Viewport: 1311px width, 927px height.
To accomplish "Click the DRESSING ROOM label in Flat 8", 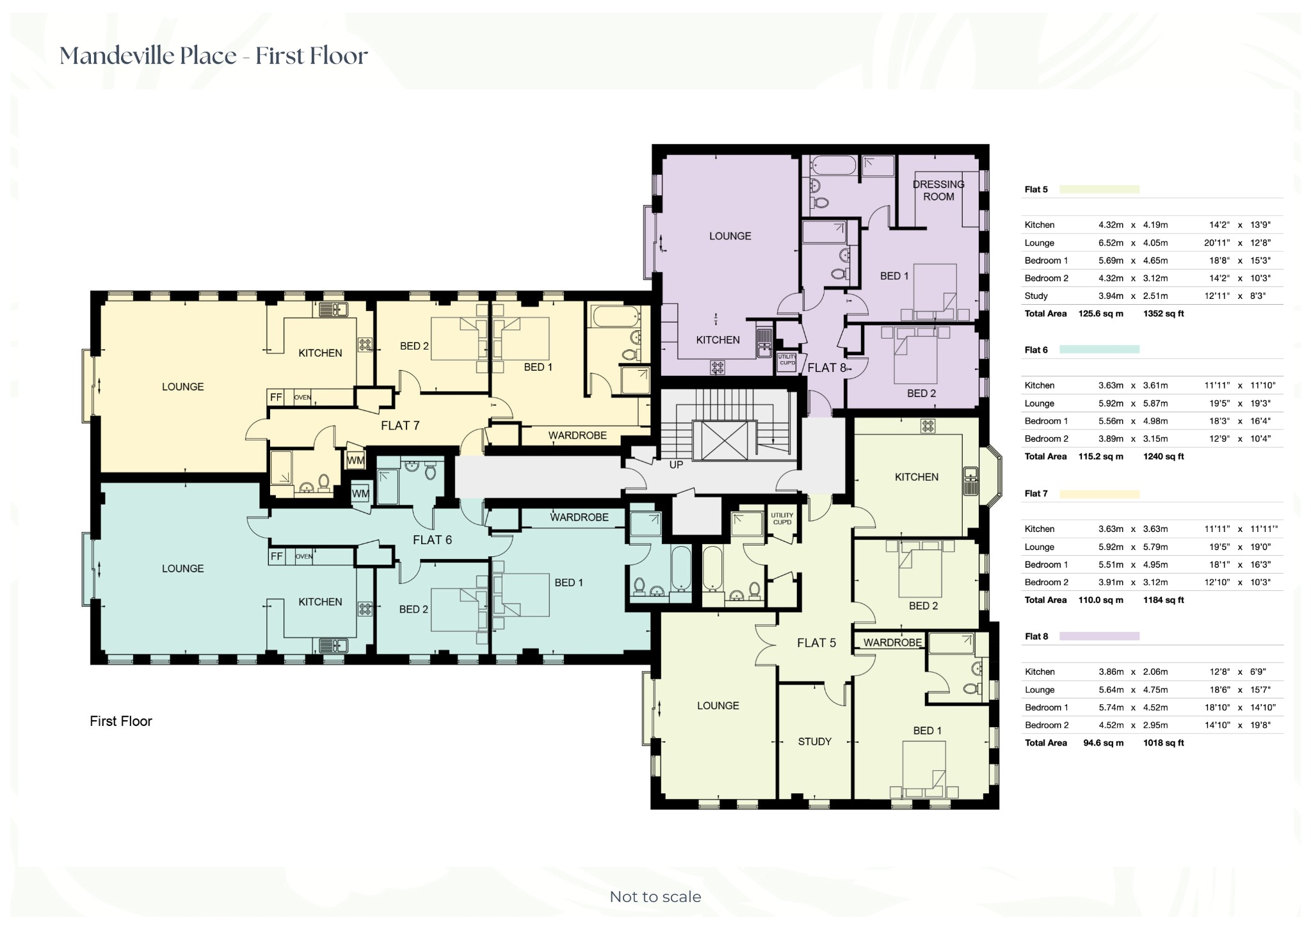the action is (x=938, y=190).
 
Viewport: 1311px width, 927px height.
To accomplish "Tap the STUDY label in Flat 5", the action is (x=814, y=741).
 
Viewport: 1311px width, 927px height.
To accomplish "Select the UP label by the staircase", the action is (x=676, y=465).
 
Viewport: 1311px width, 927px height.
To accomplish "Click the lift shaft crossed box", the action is (x=724, y=440).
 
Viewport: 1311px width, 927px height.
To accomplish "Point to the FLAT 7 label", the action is (x=400, y=426).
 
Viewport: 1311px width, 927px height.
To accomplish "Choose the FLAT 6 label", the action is (x=432, y=540).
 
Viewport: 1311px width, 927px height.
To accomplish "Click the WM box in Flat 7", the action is (x=355, y=460).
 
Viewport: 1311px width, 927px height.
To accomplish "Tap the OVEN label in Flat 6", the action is (x=304, y=556).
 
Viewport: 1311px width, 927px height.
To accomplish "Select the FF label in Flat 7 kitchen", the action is (x=276, y=398).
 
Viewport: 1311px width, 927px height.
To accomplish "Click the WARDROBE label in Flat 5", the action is (x=892, y=642).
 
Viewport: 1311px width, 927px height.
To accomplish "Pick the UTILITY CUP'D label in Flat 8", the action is (x=787, y=360).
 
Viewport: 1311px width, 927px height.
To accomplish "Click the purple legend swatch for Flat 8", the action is (x=1099, y=636).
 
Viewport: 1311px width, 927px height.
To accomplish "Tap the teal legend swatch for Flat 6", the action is (x=1099, y=350).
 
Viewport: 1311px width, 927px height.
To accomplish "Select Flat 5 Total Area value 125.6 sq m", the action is (x=1100, y=314).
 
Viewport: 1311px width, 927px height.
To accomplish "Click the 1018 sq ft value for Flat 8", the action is (x=1163, y=743).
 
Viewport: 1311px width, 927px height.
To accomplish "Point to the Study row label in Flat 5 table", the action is (x=1036, y=296).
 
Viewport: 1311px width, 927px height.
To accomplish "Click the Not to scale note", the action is (x=655, y=897).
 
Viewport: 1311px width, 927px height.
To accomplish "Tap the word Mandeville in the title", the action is (x=117, y=56).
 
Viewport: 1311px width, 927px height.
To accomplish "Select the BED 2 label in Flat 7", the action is (x=414, y=346).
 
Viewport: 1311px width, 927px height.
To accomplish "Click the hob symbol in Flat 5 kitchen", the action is (x=928, y=425).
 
